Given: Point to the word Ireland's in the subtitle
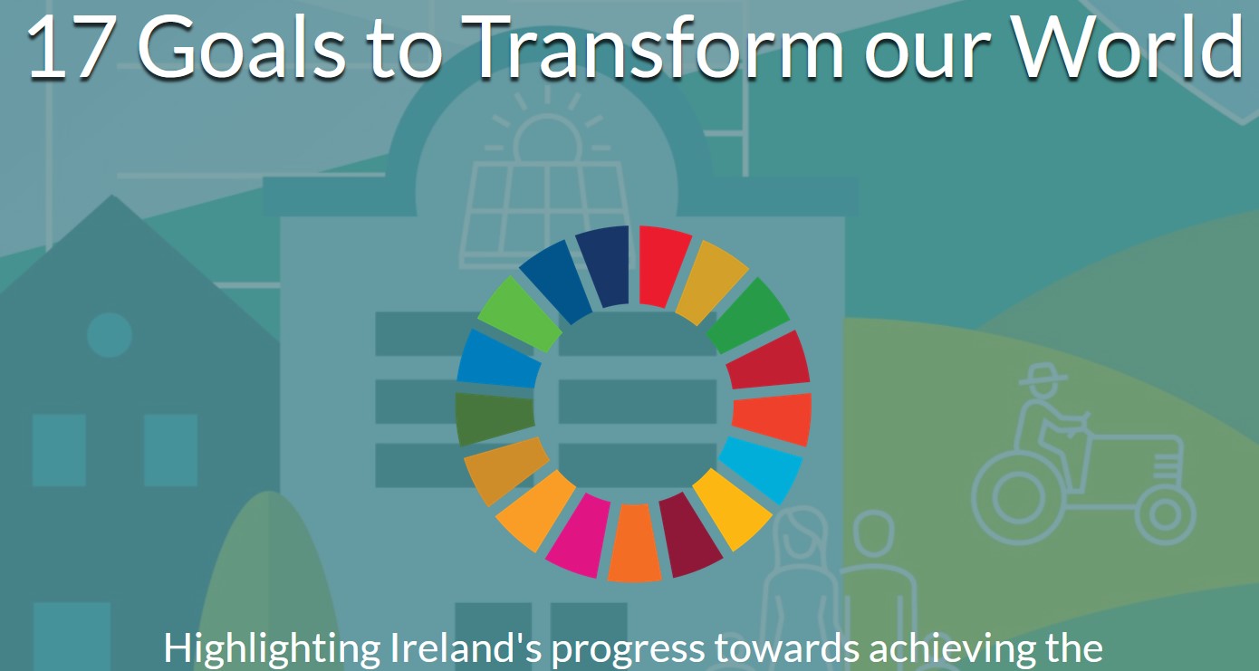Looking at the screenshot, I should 443,648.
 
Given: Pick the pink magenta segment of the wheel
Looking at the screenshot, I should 580,535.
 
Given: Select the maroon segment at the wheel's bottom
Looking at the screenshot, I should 689,534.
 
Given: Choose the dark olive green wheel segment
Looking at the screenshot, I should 493,417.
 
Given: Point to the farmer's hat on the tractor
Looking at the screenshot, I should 1043,373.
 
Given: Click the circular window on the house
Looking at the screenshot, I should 109,335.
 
